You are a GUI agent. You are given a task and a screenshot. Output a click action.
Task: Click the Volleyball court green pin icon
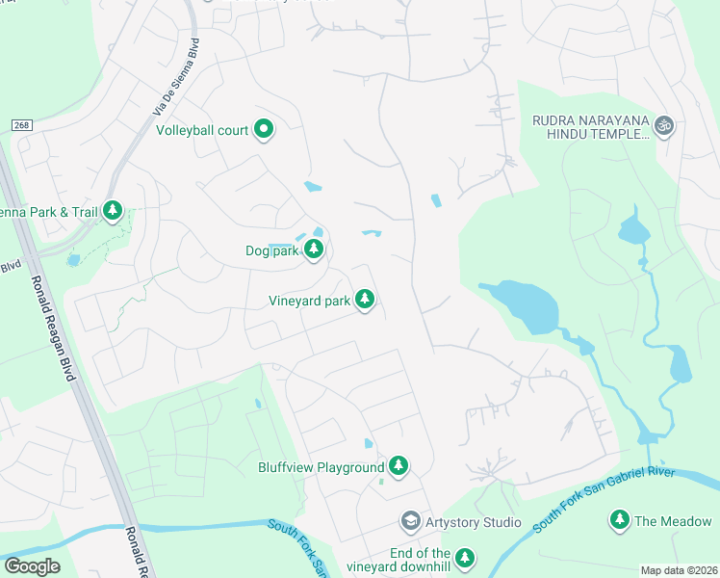pos(264,130)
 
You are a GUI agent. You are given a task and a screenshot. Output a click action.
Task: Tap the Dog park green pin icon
pos(314,250)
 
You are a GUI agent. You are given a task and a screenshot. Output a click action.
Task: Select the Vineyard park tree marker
pos(364,301)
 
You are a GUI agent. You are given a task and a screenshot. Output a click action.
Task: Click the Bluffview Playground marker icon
pos(398,467)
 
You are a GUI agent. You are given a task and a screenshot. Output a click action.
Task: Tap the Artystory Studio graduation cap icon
pos(410,521)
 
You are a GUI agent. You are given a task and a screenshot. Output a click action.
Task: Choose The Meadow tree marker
pos(620,521)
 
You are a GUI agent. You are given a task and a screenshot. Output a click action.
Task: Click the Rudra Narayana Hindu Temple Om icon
pos(662,125)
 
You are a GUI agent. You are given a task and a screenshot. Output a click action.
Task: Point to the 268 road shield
pos(22,126)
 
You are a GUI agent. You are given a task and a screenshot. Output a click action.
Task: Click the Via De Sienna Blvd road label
pos(177,78)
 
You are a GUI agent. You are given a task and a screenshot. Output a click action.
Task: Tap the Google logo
pos(32,566)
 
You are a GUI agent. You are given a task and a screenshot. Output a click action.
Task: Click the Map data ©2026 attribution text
pos(680,570)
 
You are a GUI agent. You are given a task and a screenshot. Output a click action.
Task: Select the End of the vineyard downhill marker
pos(465,558)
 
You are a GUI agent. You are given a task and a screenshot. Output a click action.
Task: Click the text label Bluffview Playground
pos(321,468)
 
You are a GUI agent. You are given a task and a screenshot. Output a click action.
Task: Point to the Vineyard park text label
pos(309,302)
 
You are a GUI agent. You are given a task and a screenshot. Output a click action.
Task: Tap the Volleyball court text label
pos(202,130)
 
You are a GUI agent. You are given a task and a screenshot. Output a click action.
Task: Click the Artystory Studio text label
pos(475,522)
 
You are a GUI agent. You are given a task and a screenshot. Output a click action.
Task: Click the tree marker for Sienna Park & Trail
pos(114,211)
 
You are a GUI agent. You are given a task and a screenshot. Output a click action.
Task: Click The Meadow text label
pos(673,521)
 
